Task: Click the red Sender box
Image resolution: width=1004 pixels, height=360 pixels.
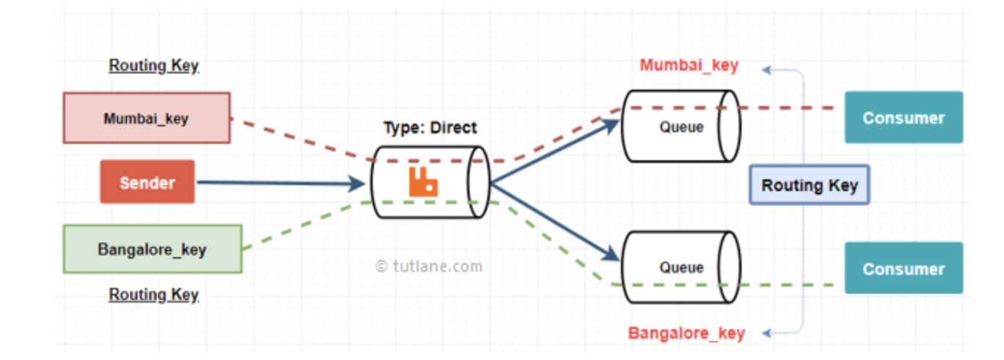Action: [x=147, y=182]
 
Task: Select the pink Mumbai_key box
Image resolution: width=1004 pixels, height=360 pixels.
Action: [x=146, y=118]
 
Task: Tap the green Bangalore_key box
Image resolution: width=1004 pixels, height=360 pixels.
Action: [x=152, y=249]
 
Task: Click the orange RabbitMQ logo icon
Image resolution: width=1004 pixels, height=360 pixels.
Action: [x=423, y=182]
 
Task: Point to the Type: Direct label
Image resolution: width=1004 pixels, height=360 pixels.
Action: [x=430, y=128]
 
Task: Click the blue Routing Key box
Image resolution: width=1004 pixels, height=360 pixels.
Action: [x=809, y=184]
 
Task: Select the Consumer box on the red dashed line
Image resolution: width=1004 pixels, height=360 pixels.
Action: [x=903, y=118]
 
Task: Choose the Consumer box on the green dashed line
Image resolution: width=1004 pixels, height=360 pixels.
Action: [x=903, y=269]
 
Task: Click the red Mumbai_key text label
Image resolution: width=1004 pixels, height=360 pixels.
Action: [x=689, y=65]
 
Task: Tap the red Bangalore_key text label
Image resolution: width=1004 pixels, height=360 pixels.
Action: [x=686, y=333]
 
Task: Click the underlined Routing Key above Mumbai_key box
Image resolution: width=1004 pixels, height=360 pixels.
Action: [x=154, y=65]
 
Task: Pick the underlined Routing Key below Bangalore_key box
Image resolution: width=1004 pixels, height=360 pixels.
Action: [x=154, y=295]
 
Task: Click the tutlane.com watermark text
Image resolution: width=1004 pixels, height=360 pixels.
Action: [x=429, y=266]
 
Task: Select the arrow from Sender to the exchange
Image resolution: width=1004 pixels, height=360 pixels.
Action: [x=279, y=183]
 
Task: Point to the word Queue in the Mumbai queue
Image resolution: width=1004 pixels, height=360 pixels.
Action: [x=681, y=127]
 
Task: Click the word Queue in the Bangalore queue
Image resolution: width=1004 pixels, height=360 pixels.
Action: [x=681, y=267]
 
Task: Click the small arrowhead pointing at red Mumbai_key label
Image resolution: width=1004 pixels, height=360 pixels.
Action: [x=767, y=70]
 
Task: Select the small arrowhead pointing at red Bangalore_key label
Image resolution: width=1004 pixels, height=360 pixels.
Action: [x=767, y=333]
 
